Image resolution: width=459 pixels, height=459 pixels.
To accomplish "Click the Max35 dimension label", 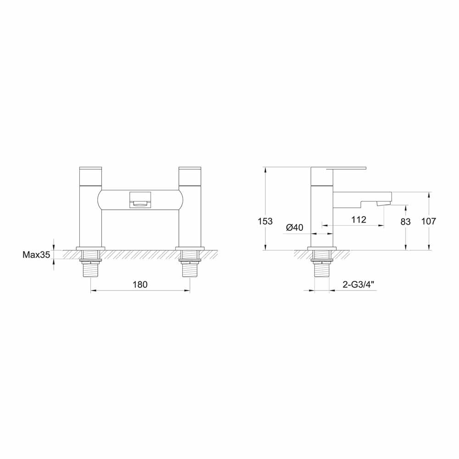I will coord(36,255).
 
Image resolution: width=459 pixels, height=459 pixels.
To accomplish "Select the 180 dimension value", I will coord(140,285).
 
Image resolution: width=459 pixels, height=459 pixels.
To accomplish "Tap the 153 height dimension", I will coord(265,221).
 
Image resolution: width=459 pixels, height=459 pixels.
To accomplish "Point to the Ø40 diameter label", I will coord(295,227).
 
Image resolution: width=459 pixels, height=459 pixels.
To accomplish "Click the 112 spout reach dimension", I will coord(358,219).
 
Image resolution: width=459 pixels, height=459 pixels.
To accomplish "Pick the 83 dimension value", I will coord(405,221).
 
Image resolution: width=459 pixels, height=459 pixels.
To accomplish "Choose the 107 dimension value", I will coord(428,221).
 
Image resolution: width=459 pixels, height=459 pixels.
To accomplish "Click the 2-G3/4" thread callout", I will coord(359,285).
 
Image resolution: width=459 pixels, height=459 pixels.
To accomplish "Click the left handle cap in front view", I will coord(91,175).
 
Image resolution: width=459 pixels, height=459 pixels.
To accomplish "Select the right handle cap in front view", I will coord(190,175).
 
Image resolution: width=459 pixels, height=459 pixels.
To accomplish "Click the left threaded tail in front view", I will coord(91,269).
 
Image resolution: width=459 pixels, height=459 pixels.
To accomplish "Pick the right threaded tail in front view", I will coord(190,269).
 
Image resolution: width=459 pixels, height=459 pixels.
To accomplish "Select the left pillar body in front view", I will coord(91,216).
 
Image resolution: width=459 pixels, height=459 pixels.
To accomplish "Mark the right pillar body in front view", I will coord(190,216).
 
